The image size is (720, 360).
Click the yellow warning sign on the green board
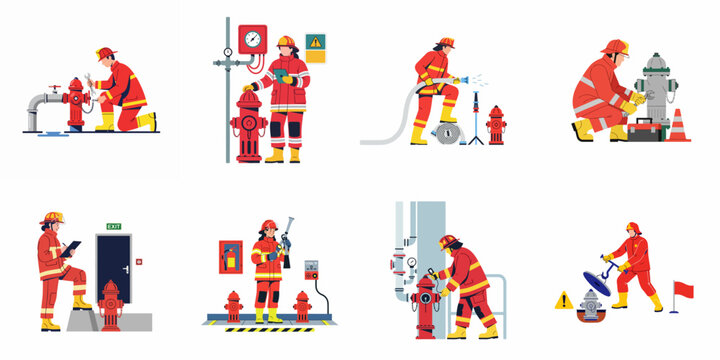[316, 43]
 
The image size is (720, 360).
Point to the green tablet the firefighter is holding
[280, 74]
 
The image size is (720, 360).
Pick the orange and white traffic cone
[679, 126]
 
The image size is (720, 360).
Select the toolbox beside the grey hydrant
[647, 128]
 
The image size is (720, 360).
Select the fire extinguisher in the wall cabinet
[231, 258]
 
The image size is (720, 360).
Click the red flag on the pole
[683, 290]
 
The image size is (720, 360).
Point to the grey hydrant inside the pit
[593, 307]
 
